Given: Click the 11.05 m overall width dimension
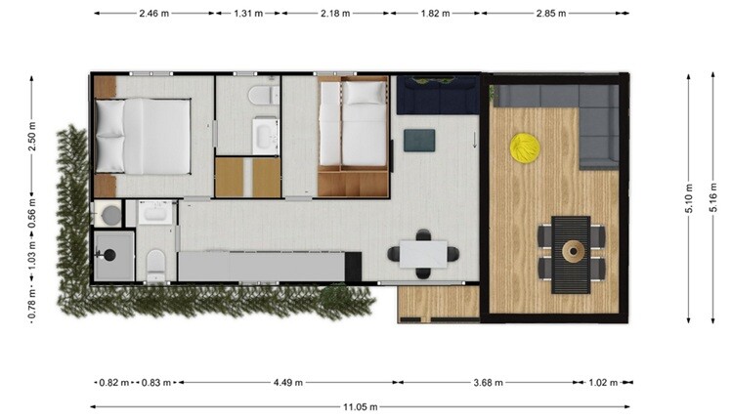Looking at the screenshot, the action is [x=361, y=407].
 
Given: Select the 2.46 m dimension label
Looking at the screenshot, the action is [x=153, y=13].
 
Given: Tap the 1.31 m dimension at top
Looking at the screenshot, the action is [x=248, y=13].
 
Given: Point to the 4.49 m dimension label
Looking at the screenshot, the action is [x=288, y=383].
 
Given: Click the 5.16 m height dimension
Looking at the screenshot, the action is [x=712, y=196].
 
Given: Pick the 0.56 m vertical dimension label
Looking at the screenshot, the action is [x=32, y=213].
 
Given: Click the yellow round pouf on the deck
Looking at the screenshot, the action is [x=525, y=148].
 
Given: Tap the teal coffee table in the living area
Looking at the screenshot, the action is [x=419, y=141].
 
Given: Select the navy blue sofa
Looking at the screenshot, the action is [x=438, y=96].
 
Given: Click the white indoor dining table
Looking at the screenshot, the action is [x=423, y=254].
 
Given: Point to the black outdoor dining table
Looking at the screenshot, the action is [x=571, y=255].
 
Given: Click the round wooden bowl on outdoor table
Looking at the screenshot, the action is [x=573, y=252].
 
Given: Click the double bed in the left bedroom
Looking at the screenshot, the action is [x=143, y=137].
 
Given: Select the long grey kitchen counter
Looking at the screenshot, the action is [x=261, y=267].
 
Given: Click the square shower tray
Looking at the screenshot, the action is [x=114, y=256].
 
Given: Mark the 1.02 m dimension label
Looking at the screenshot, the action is [x=603, y=383].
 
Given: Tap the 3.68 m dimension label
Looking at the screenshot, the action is [x=488, y=383].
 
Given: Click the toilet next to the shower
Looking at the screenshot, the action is [x=155, y=266].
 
